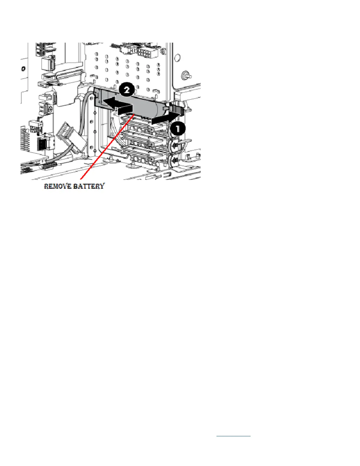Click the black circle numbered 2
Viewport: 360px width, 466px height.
126,89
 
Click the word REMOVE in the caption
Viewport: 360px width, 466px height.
57,186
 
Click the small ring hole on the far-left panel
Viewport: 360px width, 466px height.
23,69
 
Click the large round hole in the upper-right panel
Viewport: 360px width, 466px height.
178,57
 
